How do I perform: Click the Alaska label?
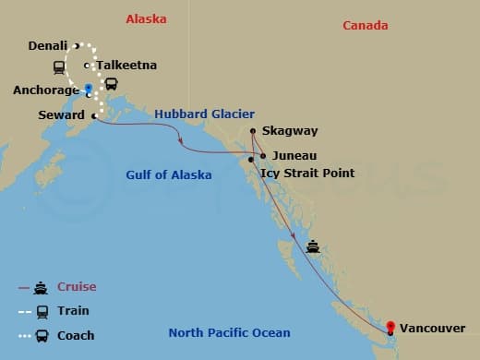coord(150,18)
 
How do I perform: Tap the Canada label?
coord(365,25)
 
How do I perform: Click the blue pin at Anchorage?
coord(89,90)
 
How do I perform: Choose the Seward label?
coord(62,114)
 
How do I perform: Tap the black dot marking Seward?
coord(94,115)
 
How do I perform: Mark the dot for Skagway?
coord(252,131)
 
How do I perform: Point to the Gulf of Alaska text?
coord(169,174)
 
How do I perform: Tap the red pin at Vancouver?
coord(390,326)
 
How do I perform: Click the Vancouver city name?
coord(433,328)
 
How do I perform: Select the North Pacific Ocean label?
coord(229,333)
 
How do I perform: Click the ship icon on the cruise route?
coord(313,246)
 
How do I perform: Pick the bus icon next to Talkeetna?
coord(112,84)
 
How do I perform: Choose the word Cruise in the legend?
coord(76,287)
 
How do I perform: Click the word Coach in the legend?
coord(76,335)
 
